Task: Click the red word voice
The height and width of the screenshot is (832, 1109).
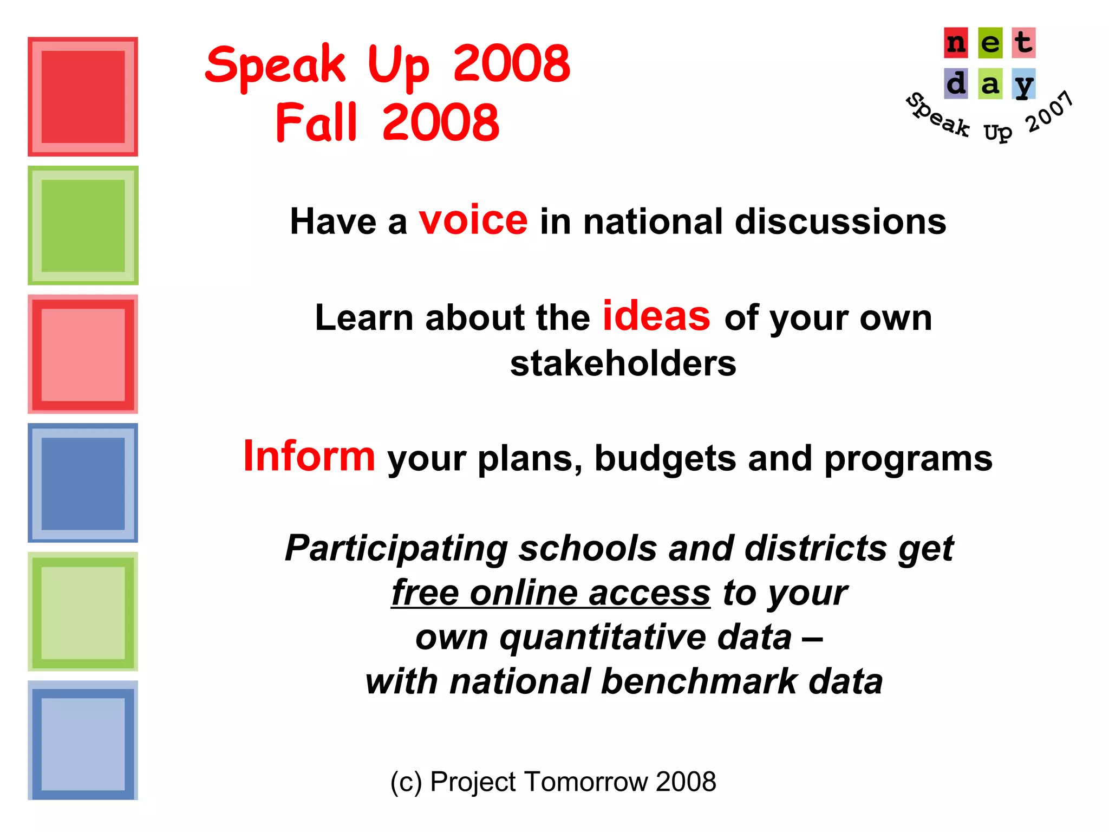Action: (473, 221)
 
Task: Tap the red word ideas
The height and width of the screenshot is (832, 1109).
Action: (656, 316)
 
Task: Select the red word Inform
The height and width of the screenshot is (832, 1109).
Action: (309, 457)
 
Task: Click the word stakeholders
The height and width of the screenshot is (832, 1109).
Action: (623, 363)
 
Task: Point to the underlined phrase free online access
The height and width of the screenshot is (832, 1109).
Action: (550, 593)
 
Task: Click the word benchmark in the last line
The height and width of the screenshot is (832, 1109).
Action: (699, 681)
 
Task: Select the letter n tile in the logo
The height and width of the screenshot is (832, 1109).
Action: (956, 43)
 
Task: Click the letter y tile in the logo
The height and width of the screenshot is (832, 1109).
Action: (1023, 84)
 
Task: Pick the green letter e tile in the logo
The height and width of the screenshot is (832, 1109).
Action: (990, 43)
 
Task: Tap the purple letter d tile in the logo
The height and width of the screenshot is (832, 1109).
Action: (956, 84)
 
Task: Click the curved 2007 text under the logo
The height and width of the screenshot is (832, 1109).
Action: (1049, 112)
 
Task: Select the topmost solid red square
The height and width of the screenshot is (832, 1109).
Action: (83, 97)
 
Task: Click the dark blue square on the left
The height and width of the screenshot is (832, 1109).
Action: (83, 483)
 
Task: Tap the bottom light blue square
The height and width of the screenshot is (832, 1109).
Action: (83, 740)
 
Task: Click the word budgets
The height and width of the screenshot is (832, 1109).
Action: (665, 459)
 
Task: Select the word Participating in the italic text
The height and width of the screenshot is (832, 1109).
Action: (396, 549)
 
